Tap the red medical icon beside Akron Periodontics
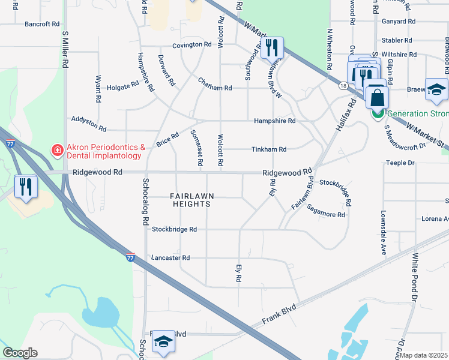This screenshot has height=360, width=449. click(x=57, y=149)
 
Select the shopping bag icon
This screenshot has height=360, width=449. click(x=377, y=97)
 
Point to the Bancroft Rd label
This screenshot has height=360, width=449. click(x=42, y=25)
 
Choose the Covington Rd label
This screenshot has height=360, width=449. click(x=192, y=44)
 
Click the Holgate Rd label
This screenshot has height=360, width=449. click(x=122, y=87)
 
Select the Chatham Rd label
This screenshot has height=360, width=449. click(x=215, y=88)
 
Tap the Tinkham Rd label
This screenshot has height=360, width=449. click(x=268, y=149)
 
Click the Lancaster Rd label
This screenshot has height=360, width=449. click(x=170, y=258)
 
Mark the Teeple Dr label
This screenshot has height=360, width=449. click(x=400, y=163)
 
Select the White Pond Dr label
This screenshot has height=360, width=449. click(x=414, y=277)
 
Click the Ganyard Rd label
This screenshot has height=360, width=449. click(x=398, y=21)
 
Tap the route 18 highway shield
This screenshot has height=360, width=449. click(x=342, y=86)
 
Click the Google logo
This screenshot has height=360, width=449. click(x=20, y=353)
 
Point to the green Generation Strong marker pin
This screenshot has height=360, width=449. click(x=378, y=112)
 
